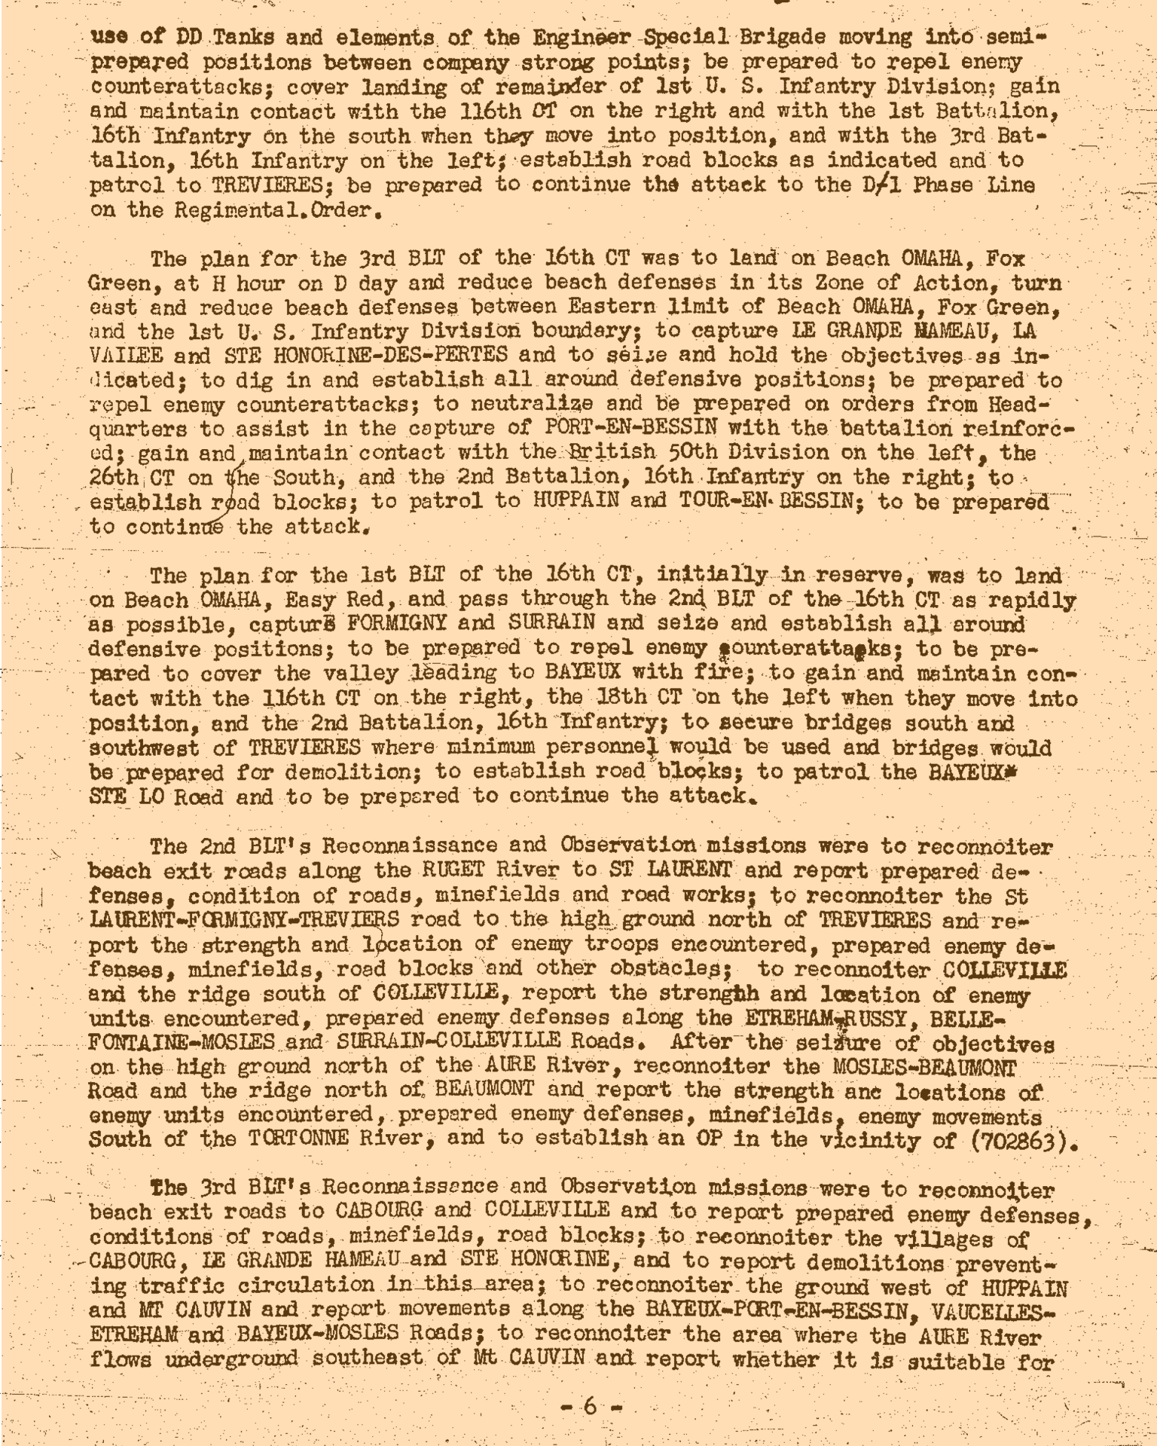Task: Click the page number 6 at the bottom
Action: coord(590,1406)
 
